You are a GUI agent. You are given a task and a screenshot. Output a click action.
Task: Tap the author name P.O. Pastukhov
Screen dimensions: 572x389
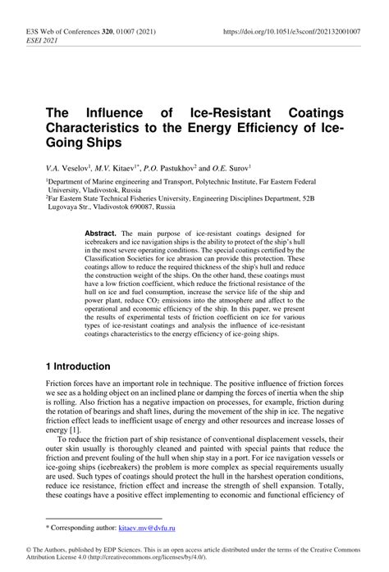point(176,166)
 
